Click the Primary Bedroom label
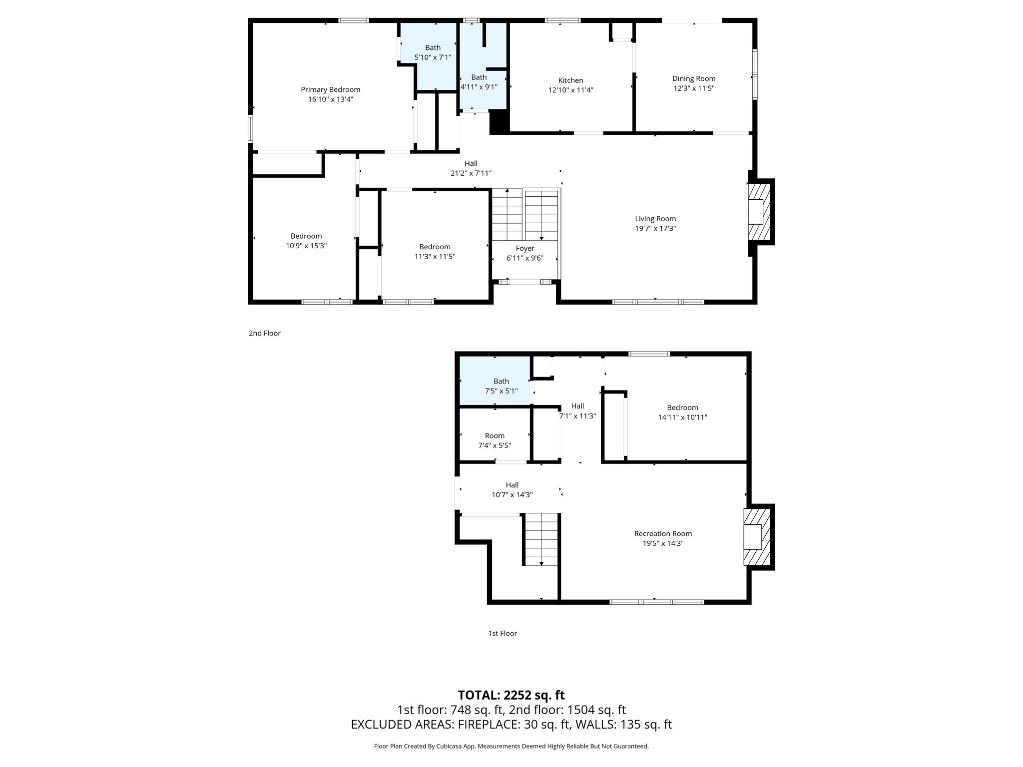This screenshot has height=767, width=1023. (x=330, y=90)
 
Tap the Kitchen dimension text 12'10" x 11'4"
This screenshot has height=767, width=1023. (x=570, y=90)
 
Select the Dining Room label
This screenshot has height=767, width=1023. (x=694, y=78)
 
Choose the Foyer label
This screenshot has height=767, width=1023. (x=525, y=248)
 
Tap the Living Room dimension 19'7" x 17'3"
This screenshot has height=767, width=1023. (x=655, y=229)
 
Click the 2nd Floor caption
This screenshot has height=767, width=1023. (x=265, y=333)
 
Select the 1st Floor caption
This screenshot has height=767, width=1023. (x=503, y=633)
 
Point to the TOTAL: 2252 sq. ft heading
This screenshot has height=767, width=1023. (x=511, y=695)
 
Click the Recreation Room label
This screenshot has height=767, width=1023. (x=663, y=534)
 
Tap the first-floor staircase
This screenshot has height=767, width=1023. (x=541, y=539)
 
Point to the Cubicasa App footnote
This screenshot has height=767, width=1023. (x=511, y=746)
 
